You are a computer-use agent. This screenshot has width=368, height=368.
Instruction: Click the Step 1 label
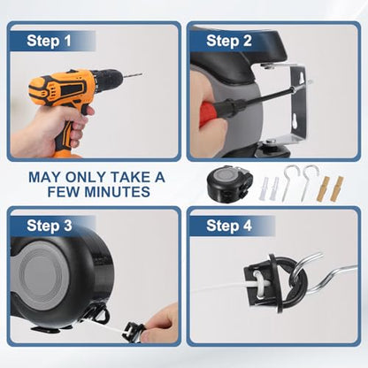[49, 41]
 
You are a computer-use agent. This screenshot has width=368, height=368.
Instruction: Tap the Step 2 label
[229, 41]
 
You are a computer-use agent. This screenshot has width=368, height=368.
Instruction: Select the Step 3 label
[50, 226]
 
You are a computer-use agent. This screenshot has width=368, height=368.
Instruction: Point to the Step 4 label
[229, 226]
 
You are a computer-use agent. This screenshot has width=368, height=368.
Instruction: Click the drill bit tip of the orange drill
[141, 74]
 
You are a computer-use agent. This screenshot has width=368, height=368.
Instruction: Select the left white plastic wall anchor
[264, 188]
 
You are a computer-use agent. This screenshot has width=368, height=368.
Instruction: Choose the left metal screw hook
[287, 182]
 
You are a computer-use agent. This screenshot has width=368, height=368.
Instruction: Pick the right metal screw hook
[307, 182]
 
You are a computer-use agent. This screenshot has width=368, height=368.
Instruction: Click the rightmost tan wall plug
[337, 189]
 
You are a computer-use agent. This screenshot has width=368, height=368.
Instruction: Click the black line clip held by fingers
[134, 333]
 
